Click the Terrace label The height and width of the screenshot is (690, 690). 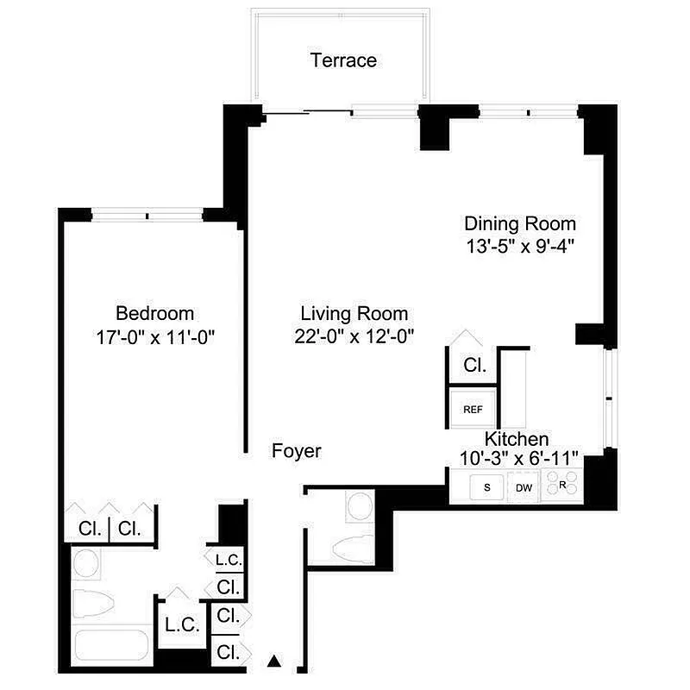click(x=343, y=60)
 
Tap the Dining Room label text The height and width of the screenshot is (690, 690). click(x=519, y=223)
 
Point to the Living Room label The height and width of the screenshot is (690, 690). click(x=354, y=314)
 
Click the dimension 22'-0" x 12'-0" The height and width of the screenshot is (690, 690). click(x=354, y=336)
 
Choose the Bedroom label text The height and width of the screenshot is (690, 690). click(x=155, y=313)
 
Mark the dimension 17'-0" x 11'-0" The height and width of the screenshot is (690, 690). click(x=155, y=336)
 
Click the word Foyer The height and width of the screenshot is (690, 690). click(x=296, y=450)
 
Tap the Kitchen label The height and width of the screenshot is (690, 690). click(x=516, y=439)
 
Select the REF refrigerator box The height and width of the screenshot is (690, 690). click(x=473, y=410)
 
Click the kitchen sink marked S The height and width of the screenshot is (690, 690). click(x=487, y=488)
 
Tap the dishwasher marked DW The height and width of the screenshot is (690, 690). click(x=524, y=488)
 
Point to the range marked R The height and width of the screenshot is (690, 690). click(x=561, y=486)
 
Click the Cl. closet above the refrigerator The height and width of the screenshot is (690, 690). click(x=474, y=365)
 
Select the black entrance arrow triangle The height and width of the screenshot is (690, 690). click(x=275, y=662)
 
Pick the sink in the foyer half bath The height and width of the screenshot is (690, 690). click(x=358, y=505)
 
